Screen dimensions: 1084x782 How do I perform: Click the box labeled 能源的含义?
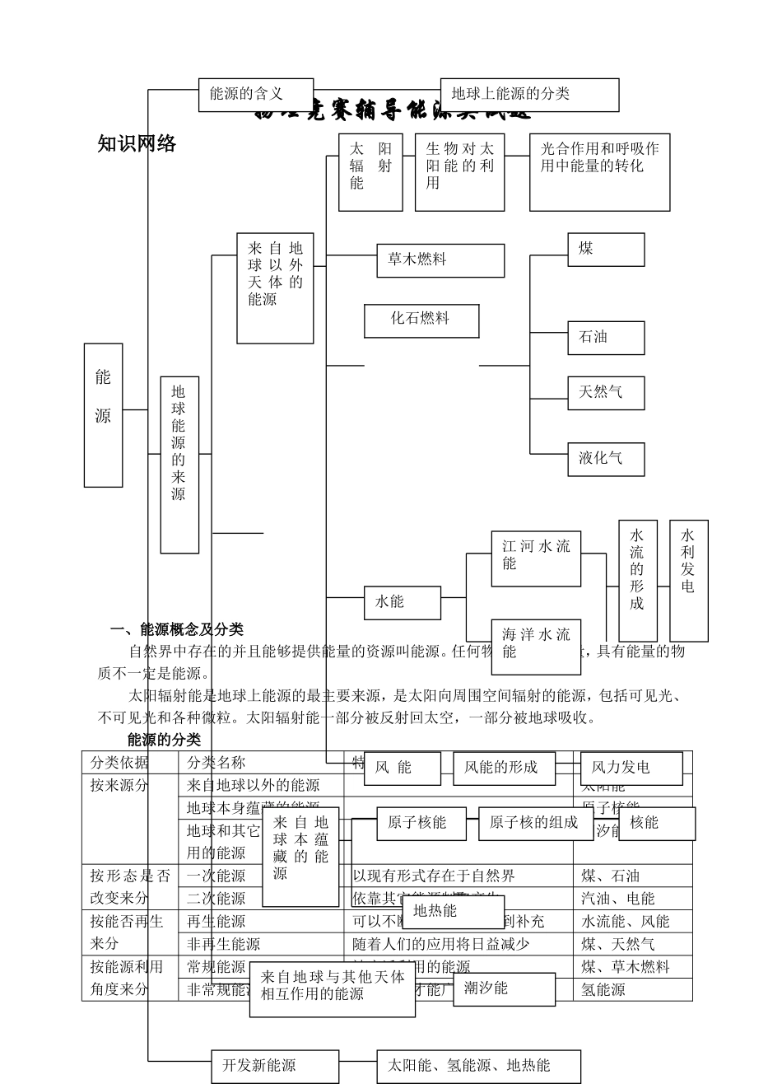pos(256,95)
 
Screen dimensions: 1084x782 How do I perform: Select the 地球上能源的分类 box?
pos(529,95)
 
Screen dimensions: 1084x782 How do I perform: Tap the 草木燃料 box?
pos(440,260)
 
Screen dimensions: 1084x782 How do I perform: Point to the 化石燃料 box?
pos(421,320)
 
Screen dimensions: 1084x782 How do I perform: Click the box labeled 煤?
pos(606,250)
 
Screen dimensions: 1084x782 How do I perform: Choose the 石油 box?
pos(606,338)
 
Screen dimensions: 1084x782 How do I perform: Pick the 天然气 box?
pos(606,393)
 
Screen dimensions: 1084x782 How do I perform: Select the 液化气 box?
pos(606,459)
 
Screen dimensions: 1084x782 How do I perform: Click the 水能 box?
pos(403,602)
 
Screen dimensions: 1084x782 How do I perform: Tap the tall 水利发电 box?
pos(688,580)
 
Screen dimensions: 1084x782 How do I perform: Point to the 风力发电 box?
pos(631,768)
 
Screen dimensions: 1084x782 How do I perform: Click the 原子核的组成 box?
pos(533,823)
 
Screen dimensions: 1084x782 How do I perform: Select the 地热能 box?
pos(453,911)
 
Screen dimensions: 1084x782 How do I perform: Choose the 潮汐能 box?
pos(504,988)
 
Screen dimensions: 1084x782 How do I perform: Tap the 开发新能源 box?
pos(275,1066)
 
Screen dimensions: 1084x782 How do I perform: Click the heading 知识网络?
pos(137,144)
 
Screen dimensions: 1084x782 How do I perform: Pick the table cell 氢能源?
pos(603,989)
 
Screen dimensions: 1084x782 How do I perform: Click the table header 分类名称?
pos(216,763)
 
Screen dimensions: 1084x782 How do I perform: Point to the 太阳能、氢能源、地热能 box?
pos(478,1066)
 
